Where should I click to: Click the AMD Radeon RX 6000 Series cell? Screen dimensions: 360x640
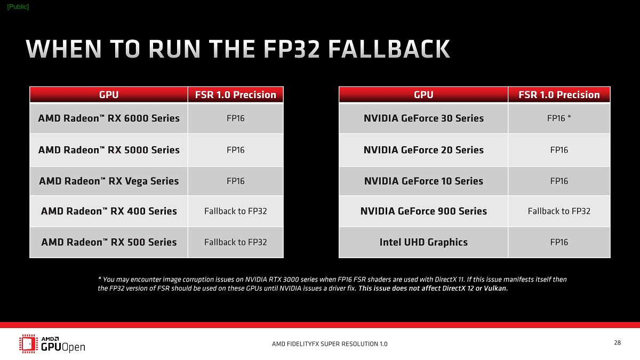[109, 118]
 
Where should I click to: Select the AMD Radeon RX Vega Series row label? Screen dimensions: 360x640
[109, 181]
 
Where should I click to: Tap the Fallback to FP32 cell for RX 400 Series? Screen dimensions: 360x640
[235, 211]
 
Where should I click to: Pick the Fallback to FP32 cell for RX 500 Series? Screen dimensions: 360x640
[235, 242]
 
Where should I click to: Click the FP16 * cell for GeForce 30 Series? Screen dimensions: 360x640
[559, 118]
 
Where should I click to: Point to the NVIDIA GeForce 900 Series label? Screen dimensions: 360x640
[423, 211]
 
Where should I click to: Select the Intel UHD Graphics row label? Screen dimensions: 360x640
[423, 242]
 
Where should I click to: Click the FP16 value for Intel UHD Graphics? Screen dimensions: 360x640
[559, 242]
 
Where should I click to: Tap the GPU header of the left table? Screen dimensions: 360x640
[109, 95]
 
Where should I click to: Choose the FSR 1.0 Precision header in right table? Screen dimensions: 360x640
[559, 95]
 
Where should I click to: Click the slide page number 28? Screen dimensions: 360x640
[617, 343]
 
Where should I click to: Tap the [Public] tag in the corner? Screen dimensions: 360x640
[18, 6]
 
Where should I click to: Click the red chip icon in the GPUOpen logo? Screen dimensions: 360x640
[28, 343]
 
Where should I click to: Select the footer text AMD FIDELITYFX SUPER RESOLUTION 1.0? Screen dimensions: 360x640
[330, 344]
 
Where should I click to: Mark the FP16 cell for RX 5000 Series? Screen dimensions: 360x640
[235, 150]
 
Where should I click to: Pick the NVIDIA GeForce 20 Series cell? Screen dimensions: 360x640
[423, 150]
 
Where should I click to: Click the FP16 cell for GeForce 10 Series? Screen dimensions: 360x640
[559, 181]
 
